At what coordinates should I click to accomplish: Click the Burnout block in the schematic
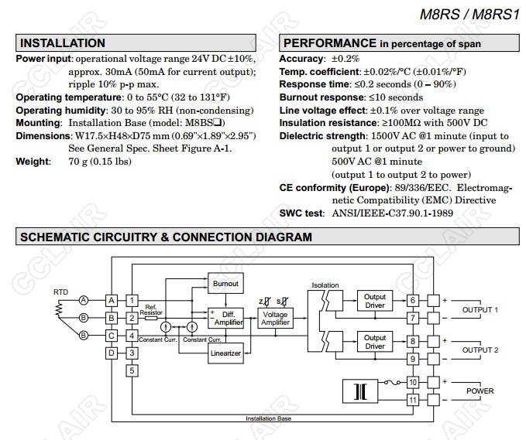tap(225, 285)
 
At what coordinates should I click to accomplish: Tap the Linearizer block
tap(226, 353)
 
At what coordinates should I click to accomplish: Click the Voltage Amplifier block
tap(275, 318)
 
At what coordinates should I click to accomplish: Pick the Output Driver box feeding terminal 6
tap(375, 301)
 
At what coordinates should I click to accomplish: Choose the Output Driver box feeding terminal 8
tap(375, 341)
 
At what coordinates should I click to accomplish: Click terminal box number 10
tap(414, 382)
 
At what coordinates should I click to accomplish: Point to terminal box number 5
tap(132, 370)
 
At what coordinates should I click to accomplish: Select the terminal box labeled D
tap(112, 353)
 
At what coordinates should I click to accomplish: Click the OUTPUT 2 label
tap(480, 350)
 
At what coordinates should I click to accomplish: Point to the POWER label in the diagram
tap(480, 391)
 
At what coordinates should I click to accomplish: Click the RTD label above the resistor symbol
tap(60, 292)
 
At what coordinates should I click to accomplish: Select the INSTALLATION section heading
tap(63, 43)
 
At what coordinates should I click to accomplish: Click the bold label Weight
tap(33, 162)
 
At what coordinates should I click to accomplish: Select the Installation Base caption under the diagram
tap(268, 418)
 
